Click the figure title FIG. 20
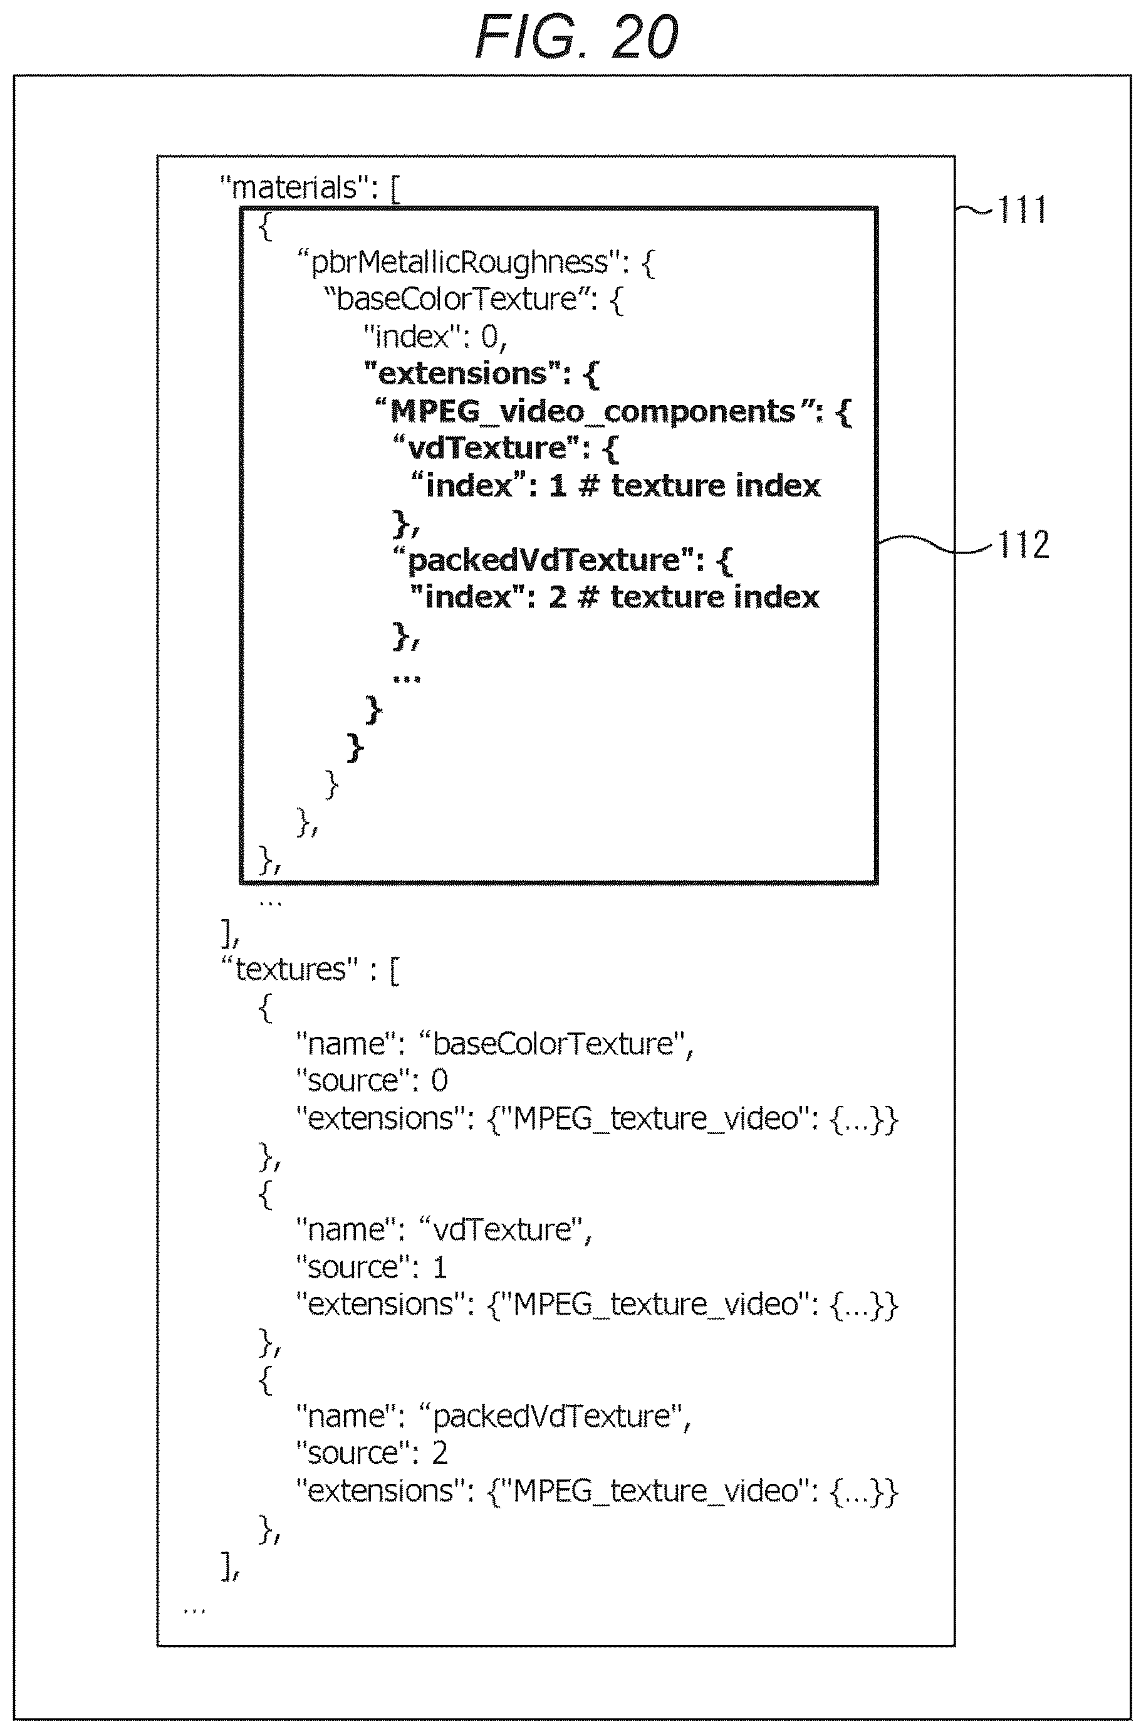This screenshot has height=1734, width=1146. [576, 36]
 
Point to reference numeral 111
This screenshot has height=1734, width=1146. [1023, 210]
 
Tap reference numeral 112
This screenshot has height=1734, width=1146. [1023, 545]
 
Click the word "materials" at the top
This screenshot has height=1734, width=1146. [294, 188]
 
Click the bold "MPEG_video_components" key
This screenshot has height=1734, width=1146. [592, 412]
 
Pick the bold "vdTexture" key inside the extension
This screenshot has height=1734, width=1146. [487, 448]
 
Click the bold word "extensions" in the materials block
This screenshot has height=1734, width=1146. [462, 374]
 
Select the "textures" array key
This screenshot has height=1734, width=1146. [290, 969]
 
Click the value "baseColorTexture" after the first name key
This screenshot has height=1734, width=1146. [553, 1044]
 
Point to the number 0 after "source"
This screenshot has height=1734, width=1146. [439, 1081]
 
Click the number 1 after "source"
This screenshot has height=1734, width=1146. [439, 1268]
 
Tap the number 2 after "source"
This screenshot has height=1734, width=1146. [439, 1453]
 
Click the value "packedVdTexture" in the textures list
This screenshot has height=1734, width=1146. [552, 1417]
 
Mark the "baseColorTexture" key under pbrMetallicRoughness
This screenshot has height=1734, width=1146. [456, 300]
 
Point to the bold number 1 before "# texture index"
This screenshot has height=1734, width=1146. [558, 486]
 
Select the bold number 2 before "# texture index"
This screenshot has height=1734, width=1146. [557, 597]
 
